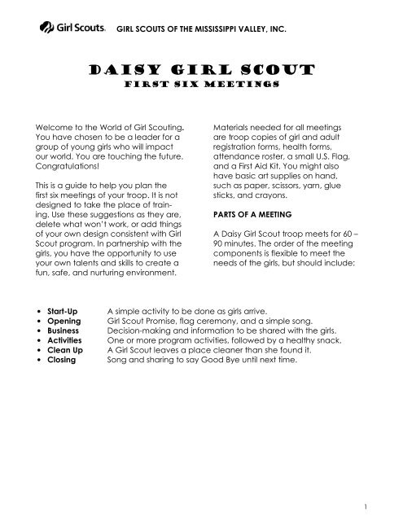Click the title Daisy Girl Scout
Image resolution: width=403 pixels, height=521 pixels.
click(202, 69)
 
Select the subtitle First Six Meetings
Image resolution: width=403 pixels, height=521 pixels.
click(202, 84)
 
